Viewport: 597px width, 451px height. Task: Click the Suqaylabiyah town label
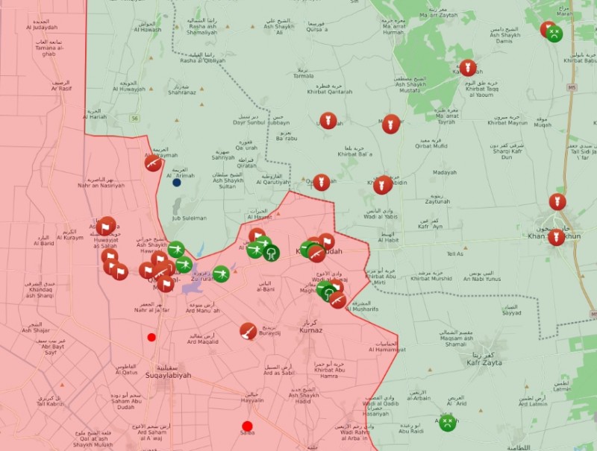tap(168, 375)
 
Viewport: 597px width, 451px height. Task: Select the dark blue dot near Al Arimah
tap(177, 182)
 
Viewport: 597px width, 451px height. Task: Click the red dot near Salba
tap(247, 426)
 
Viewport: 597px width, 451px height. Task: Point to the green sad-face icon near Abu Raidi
tap(446, 423)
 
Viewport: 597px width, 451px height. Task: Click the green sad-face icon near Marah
tap(554, 34)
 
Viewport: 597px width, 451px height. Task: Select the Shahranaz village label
tap(182, 92)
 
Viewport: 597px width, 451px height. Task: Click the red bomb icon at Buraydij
tap(249, 330)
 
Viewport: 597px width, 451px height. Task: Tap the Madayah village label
tap(444, 172)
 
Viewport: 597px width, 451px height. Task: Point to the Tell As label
tap(454, 253)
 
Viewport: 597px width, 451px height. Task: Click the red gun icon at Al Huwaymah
tap(154, 163)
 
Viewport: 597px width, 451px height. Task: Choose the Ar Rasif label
tap(61, 88)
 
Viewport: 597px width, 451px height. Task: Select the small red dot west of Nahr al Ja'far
tap(151, 337)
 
